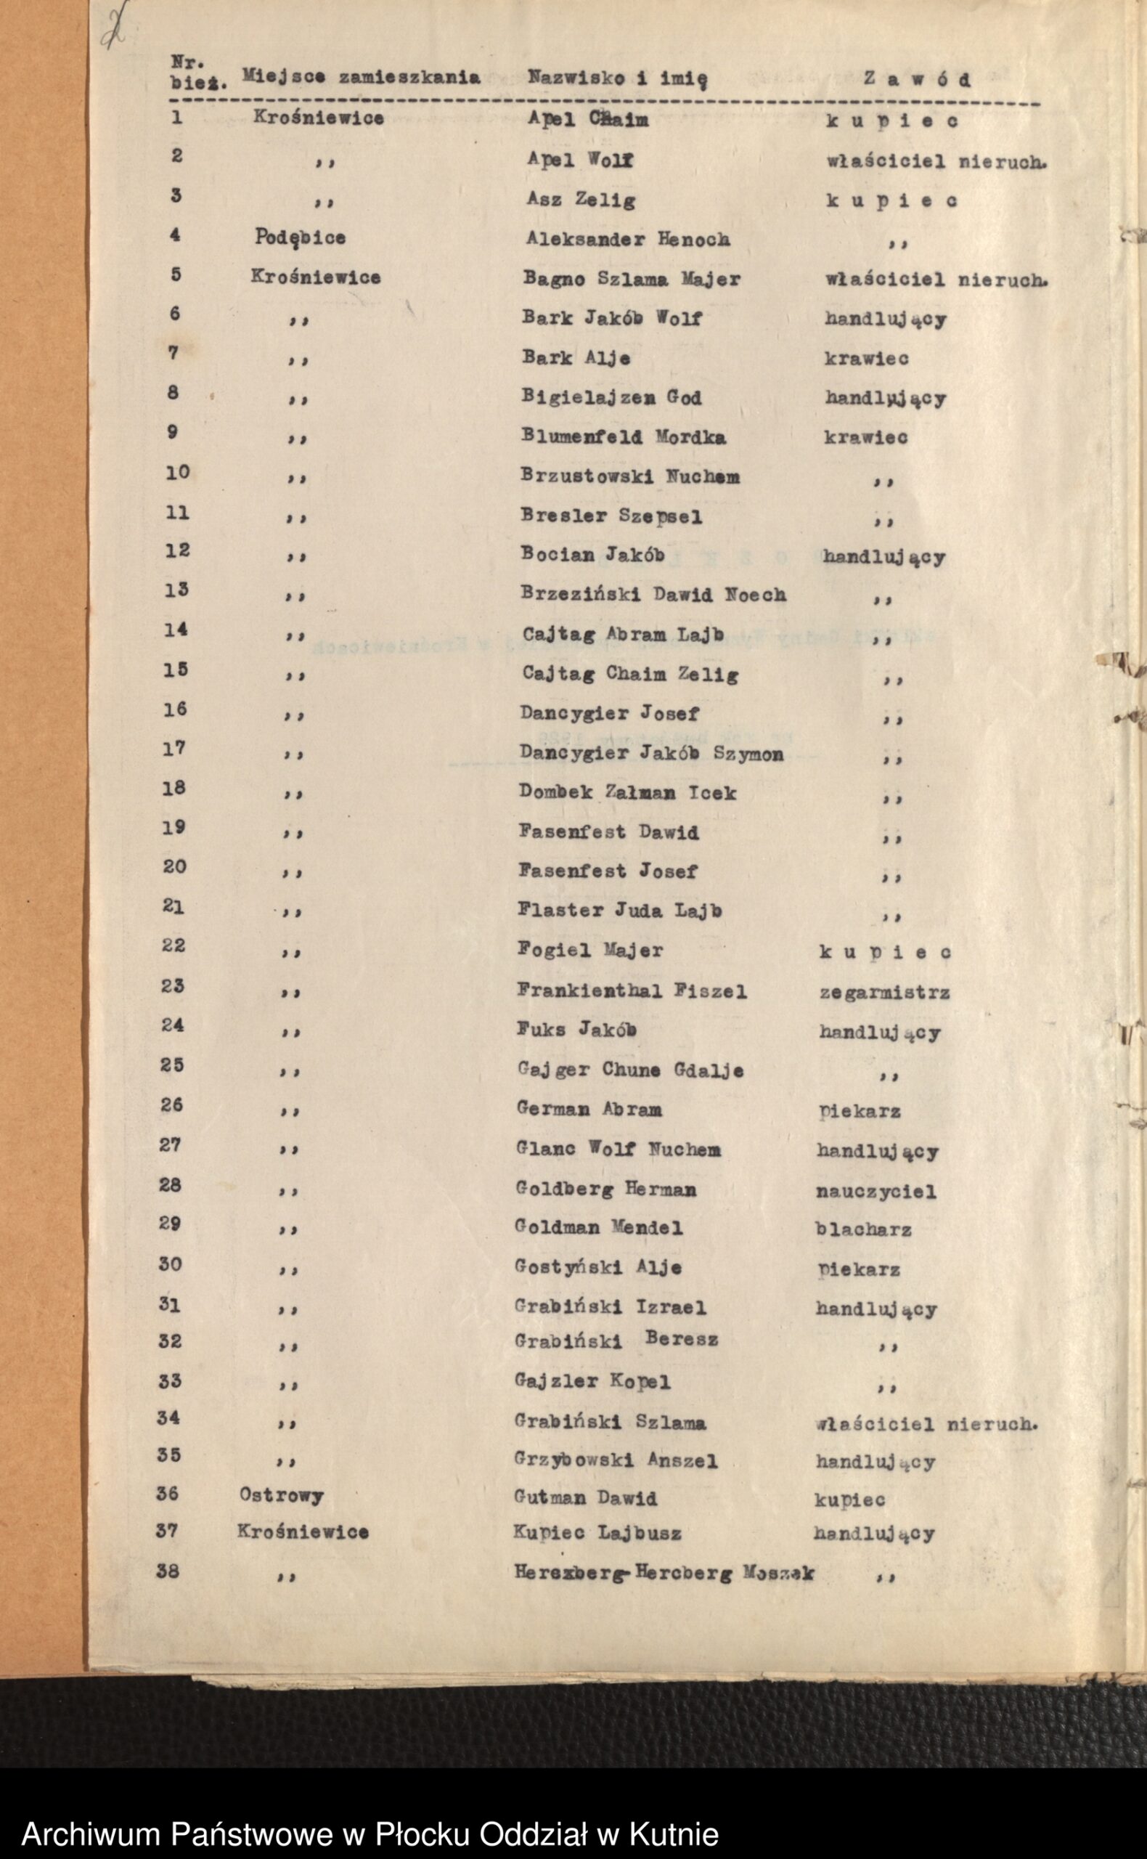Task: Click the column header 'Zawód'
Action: click(x=916, y=79)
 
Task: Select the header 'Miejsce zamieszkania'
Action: click(x=360, y=77)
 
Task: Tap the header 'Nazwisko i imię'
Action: click(x=618, y=78)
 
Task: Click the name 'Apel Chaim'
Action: click(x=588, y=120)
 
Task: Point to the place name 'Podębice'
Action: click(x=300, y=237)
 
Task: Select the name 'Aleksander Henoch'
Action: click(x=628, y=239)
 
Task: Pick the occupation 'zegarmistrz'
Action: click(x=883, y=993)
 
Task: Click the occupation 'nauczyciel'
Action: click(x=875, y=1191)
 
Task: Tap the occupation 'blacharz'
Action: click(x=863, y=1229)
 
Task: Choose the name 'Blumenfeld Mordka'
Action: click(x=623, y=437)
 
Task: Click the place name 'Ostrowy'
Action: click(x=282, y=1494)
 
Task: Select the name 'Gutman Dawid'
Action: click(x=585, y=1498)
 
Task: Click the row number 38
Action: click(x=168, y=1570)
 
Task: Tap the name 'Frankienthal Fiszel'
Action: click(x=631, y=991)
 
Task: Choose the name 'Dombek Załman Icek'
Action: click(x=627, y=793)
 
